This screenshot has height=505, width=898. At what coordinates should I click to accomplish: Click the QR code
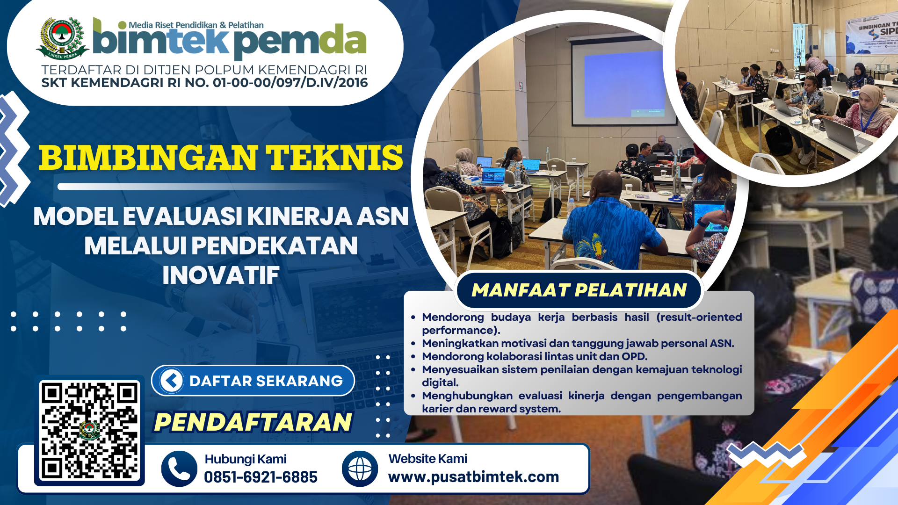pos(89,431)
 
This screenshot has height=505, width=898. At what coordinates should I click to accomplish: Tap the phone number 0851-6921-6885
pos(261,477)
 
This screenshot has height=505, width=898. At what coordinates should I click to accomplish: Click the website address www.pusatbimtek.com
pos(473,477)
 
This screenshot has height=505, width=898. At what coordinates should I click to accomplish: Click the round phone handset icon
pos(179,469)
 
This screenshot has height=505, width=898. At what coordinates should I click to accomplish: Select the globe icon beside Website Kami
pos(360,469)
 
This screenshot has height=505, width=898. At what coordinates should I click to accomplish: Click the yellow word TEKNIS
pos(334,158)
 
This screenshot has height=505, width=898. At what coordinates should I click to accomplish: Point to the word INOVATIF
pos(221,275)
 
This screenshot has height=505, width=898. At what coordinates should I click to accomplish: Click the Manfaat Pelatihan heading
pos(579,290)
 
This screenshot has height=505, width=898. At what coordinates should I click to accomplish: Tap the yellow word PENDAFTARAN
pos(253,422)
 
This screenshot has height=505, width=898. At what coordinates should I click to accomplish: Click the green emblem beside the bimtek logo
pos(62,38)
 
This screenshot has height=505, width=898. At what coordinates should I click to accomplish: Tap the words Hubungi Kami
pos(246,459)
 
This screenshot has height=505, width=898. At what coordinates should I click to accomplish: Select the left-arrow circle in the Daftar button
pos(172,381)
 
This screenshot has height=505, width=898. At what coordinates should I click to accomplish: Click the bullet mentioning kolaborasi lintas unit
pos(535,356)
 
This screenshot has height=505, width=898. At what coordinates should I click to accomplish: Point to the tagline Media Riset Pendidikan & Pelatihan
pos(196,25)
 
